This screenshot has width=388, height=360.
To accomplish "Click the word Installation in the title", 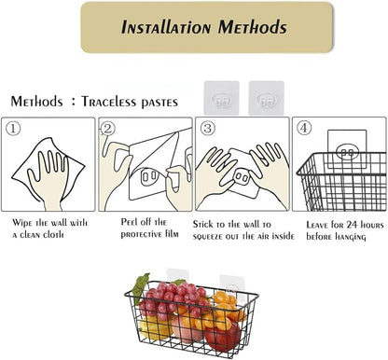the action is [166, 27].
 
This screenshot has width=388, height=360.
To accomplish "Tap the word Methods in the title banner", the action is [252, 27].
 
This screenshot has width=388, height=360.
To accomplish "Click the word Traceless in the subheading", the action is [109, 102].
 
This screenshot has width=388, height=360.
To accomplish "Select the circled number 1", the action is [13, 129].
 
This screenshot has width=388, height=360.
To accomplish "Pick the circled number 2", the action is [108, 129].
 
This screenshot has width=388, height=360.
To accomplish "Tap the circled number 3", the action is [208, 128].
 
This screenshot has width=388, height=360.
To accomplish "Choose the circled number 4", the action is [304, 128].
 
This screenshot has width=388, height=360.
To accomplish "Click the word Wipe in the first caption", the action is [22, 224].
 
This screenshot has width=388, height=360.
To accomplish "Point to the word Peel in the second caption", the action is [130, 222].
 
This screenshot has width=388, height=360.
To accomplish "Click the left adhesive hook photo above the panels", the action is [221, 98].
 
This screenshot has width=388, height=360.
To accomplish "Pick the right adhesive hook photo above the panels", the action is [267, 98].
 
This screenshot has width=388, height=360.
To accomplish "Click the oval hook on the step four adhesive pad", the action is [347, 152].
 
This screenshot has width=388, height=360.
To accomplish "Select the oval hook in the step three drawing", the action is [242, 178].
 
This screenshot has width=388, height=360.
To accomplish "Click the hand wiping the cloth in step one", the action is [49, 180].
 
